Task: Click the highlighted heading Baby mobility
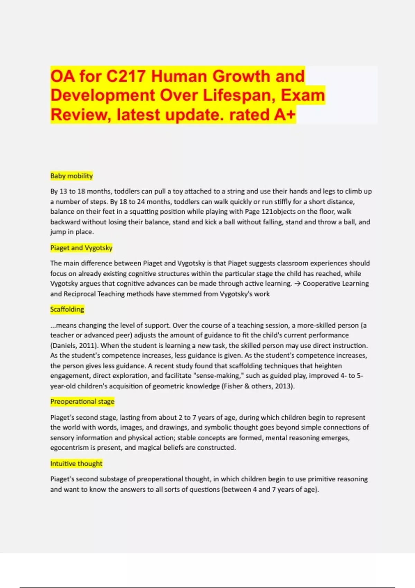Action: [72, 176]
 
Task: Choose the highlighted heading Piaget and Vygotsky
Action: [81, 248]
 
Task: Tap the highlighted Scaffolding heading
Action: [67, 309]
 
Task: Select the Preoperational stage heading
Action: [82, 401]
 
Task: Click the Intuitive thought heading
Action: [76, 463]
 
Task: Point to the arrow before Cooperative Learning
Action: [297, 284]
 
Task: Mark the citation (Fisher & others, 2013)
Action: [258, 386]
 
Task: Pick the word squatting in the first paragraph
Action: [142, 211]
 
